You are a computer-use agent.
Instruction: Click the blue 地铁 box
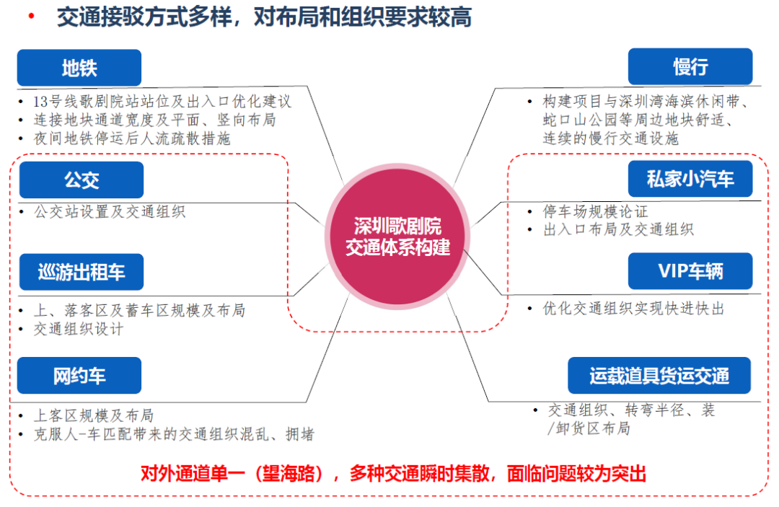[79, 68]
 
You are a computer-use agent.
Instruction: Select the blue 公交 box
[82, 180]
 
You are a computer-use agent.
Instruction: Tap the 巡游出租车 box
[82, 272]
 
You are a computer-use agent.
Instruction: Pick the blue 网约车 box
[79, 375]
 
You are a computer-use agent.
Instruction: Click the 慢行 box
[690, 67]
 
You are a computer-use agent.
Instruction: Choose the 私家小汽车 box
[690, 179]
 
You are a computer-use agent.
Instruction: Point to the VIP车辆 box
[690, 271]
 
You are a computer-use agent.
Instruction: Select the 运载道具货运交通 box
[659, 375]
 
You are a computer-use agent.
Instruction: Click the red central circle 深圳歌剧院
[397, 236]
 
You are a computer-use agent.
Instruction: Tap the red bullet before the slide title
[31, 17]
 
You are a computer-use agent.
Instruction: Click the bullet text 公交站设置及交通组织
[110, 212]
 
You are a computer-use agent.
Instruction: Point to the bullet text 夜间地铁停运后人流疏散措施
[133, 138]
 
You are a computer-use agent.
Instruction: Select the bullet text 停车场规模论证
[596, 212]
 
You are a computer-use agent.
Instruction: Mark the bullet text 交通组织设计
[79, 329]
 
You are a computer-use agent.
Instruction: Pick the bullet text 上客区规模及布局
[94, 416]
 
